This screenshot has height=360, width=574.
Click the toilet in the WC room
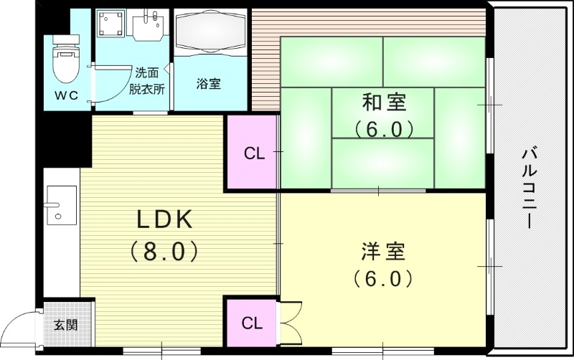pyautogui.click(x=65, y=60)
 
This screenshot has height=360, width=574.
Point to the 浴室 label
pyautogui.click(x=209, y=83)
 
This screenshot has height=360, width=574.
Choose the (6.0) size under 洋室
pyautogui.click(x=383, y=278)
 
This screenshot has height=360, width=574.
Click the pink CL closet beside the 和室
pyautogui.click(x=253, y=153)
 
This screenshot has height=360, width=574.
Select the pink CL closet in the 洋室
pyautogui.click(x=252, y=323)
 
